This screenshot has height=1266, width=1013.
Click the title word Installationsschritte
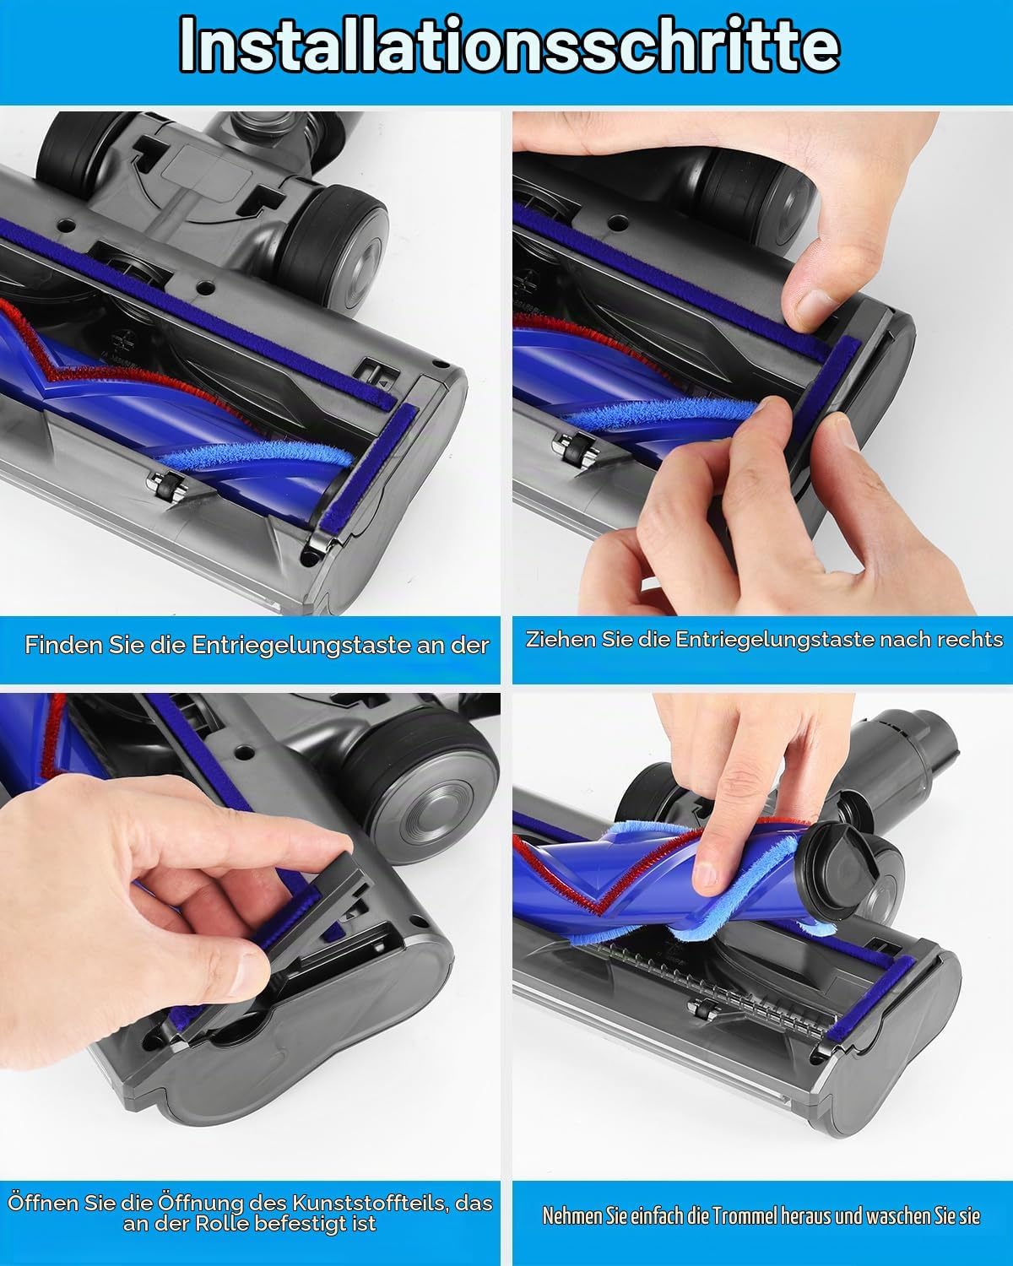tap(509, 45)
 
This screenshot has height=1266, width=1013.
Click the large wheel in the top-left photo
tap(333, 247)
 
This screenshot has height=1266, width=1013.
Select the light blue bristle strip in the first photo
tap(253, 457)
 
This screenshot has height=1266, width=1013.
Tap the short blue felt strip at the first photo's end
tap(368, 467)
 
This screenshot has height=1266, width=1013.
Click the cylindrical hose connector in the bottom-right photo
tap(897, 755)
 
